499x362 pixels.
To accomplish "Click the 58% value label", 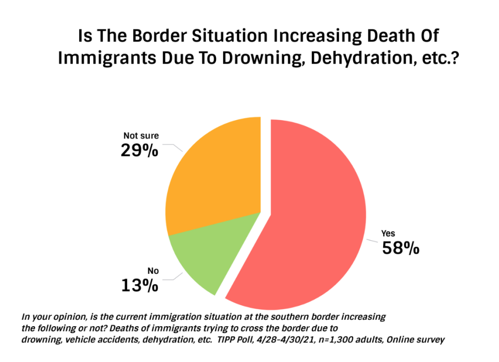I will (x=400, y=249).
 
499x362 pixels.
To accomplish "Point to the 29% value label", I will (x=139, y=150).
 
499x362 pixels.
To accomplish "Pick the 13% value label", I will (x=139, y=285).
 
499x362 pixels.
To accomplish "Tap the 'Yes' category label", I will (x=388, y=234).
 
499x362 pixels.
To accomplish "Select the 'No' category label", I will (x=153, y=271).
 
